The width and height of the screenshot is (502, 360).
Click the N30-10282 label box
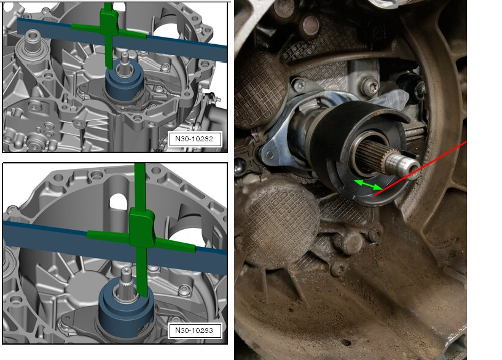pos(195,139)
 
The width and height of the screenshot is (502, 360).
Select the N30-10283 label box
pos(195,331)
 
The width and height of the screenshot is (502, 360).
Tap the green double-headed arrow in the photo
pos(368,185)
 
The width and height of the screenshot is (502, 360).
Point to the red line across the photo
pos(420,168)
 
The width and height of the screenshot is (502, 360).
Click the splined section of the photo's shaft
pos(371,155)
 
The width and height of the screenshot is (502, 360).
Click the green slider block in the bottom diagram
pos(141,227)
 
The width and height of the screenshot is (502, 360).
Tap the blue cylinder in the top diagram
pos(124,84)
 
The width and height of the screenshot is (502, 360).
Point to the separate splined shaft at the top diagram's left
pos(31,42)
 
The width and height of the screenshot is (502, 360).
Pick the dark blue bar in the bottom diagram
pos(116,247)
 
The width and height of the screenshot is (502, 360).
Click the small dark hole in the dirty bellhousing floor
pos(346,343)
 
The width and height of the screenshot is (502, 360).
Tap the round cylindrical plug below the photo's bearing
pos(352,242)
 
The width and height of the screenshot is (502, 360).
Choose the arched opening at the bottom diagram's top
pos(119,202)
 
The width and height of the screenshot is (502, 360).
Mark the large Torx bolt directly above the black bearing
pos(371,87)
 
